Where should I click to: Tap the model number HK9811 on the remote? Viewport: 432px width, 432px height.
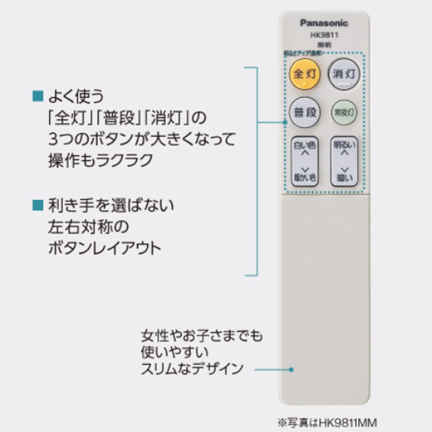(x=324, y=35)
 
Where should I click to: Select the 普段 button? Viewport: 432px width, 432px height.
(x=305, y=113)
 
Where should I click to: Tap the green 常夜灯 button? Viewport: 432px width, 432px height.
(x=344, y=113)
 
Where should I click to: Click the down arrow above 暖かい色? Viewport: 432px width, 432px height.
(x=305, y=169)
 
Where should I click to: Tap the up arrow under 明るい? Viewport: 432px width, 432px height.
(x=344, y=152)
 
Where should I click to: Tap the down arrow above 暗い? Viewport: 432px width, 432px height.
(x=344, y=169)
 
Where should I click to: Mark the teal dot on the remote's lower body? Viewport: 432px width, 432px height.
(x=292, y=369)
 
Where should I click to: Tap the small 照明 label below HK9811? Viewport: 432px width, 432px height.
(x=324, y=45)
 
